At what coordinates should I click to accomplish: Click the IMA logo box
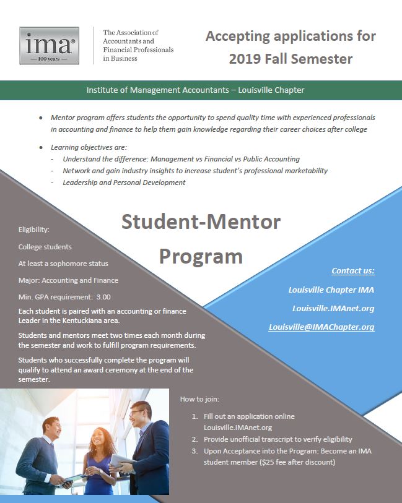pos(49,45)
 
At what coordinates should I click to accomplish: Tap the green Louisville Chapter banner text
pos(195,90)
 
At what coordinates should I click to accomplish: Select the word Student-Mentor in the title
pos(201,221)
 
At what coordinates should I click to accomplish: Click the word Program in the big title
pos(201,255)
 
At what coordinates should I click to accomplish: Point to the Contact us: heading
pos(352,270)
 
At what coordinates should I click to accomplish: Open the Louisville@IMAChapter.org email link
pos(321,327)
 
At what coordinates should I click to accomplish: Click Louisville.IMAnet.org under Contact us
pos(333,308)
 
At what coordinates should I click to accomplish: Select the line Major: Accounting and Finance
pos(68,280)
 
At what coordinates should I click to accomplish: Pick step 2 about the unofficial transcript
pos(277,439)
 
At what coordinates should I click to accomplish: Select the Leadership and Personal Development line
pos(124,182)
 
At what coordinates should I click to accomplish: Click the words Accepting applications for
pos(290,36)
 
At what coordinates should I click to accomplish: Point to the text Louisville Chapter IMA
pos(331,290)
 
